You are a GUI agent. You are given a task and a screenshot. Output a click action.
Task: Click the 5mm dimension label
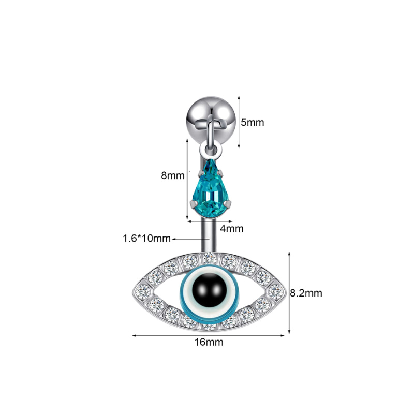(x=252, y=123)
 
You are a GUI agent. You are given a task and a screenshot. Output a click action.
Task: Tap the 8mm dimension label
(x=173, y=175)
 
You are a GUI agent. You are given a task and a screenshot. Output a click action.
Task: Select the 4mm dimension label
(x=231, y=229)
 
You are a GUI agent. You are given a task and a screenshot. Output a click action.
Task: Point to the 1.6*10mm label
(x=146, y=239)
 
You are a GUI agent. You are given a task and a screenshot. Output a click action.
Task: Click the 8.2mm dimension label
(x=306, y=293)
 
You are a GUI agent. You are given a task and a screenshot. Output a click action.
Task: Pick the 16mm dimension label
(x=209, y=342)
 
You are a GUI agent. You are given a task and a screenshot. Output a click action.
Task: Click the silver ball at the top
(x=211, y=117)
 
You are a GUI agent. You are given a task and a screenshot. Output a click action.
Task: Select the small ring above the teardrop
(x=211, y=150)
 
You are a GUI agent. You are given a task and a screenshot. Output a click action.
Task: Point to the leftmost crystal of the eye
(x=143, y=292)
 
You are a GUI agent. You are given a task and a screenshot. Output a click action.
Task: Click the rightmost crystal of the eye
(x=276, y=292)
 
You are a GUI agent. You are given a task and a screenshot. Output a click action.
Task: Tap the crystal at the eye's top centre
(x=209, y=259)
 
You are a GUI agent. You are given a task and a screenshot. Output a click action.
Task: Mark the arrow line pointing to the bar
(x=191, y=239)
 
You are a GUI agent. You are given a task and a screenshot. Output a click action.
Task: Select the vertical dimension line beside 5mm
(x=239, y=122)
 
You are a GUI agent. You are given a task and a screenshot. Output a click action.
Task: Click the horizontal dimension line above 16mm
(x=209, y=335)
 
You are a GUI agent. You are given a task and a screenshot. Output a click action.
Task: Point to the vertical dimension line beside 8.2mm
(x=289, y=293)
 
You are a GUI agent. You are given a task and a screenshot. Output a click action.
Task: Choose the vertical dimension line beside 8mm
(x=187, y=179)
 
